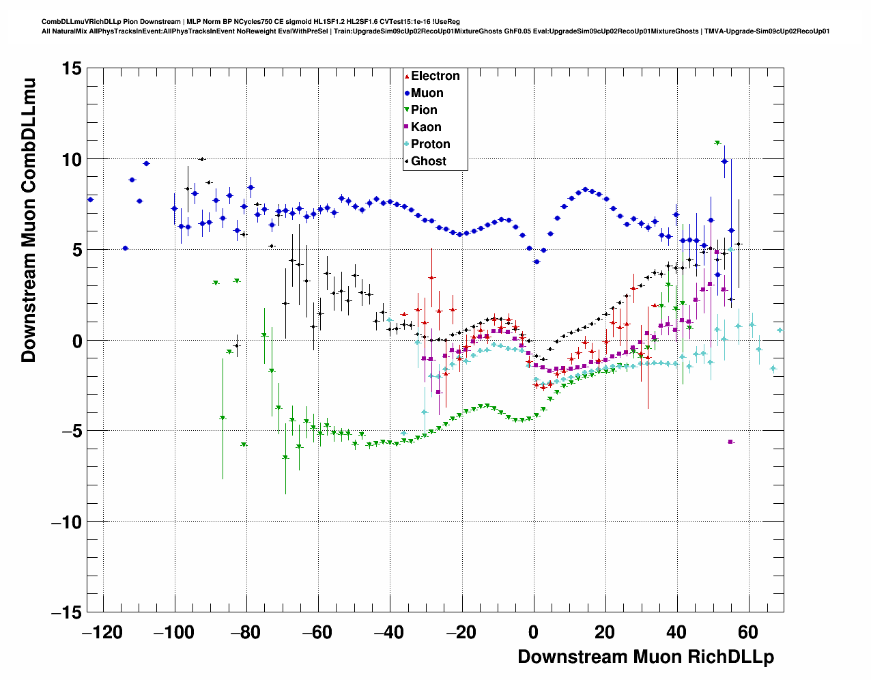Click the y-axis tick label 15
coord(70,68)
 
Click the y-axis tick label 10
coord(70,159)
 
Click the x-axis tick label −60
coord(318,632)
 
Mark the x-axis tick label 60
coord(748,632)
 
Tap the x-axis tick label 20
coord(605,632)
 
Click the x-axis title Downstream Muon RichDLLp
coord(645,657)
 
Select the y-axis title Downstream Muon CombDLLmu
coord(29,220)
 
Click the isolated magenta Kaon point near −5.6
coord(730,442)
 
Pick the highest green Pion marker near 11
coord(717,143)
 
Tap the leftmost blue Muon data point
coord(90,199)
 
